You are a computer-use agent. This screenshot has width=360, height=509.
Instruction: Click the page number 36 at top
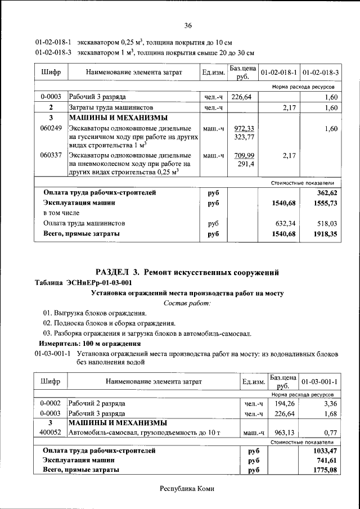pyautogui.click(x=188, y=25)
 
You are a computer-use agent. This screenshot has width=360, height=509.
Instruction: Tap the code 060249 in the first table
pyautogui.click(x=51, y=129)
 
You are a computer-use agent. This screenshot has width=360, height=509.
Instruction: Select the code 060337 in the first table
pyautogui.click(x=51, y=155)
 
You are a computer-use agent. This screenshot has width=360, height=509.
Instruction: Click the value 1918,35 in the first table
pyautogui.click(x=326, y=233)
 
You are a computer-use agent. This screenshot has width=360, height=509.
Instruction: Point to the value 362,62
pyautogui.click(x=328, y=192)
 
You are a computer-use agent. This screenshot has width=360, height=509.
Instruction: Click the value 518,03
pyautogui.click(x=328, y=223)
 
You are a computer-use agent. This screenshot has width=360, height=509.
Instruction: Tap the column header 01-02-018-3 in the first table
pyautogui.click(x=321, y=73)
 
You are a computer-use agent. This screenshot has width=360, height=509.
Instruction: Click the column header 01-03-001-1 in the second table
pyautogui.click(x=319, y=381)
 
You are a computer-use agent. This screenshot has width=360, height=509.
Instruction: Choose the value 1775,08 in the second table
pyautogui.click(x=325, y=470)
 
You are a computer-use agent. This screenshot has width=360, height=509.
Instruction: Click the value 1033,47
pyautogui.click(x=325, y=451)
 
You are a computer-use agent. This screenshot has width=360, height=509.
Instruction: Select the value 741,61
pyautogui.click(x=326, y=460)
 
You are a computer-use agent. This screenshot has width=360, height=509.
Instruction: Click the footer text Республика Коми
pyautogui.click(x=187, y=489)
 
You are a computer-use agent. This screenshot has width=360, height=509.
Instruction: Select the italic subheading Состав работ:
pyautogui.click(x=187, y=303)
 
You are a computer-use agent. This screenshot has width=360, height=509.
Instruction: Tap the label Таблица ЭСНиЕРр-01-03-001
pyautogui.click(x=83, y=283)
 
